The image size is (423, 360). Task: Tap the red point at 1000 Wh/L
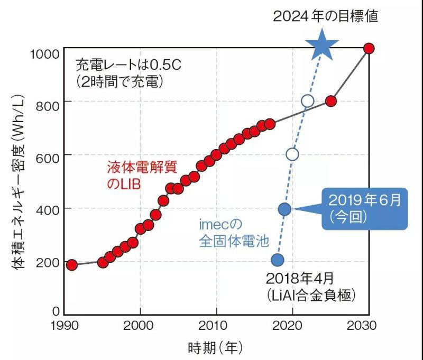369,49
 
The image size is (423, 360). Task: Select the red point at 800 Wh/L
331,101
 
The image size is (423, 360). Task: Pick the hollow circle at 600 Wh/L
292,154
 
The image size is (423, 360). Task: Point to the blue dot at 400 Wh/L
284,209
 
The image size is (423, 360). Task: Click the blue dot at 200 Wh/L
278,260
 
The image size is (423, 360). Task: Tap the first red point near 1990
72,265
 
